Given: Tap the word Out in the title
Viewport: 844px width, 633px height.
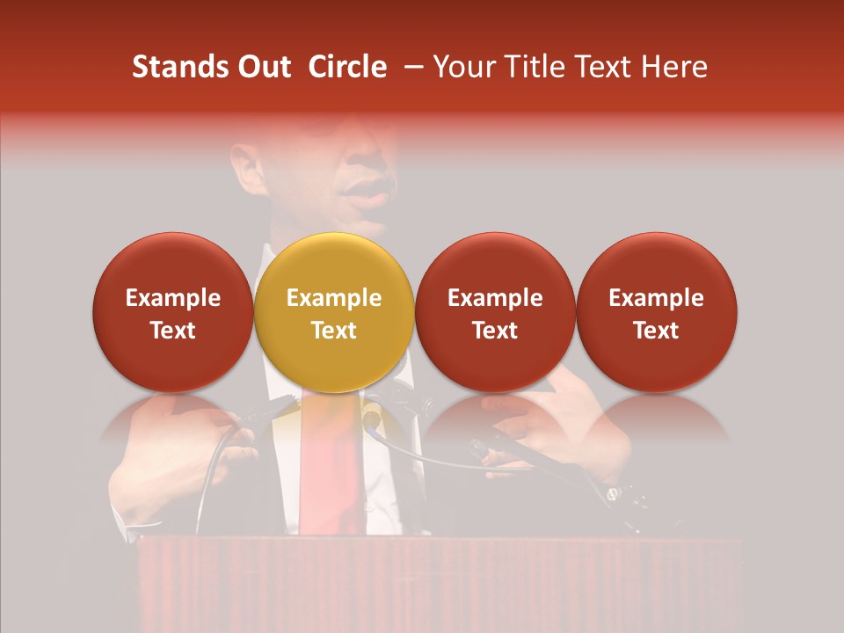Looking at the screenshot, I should (x=261, y=67).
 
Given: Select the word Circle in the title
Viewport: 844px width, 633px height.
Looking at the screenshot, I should (x=347, y=67).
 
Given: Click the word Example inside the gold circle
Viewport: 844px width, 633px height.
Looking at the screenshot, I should (x=334, y=298).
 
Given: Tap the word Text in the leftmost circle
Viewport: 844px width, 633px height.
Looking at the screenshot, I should (x=172, y=331).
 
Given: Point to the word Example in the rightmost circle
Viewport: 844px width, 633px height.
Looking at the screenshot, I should (x=656, y=298).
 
